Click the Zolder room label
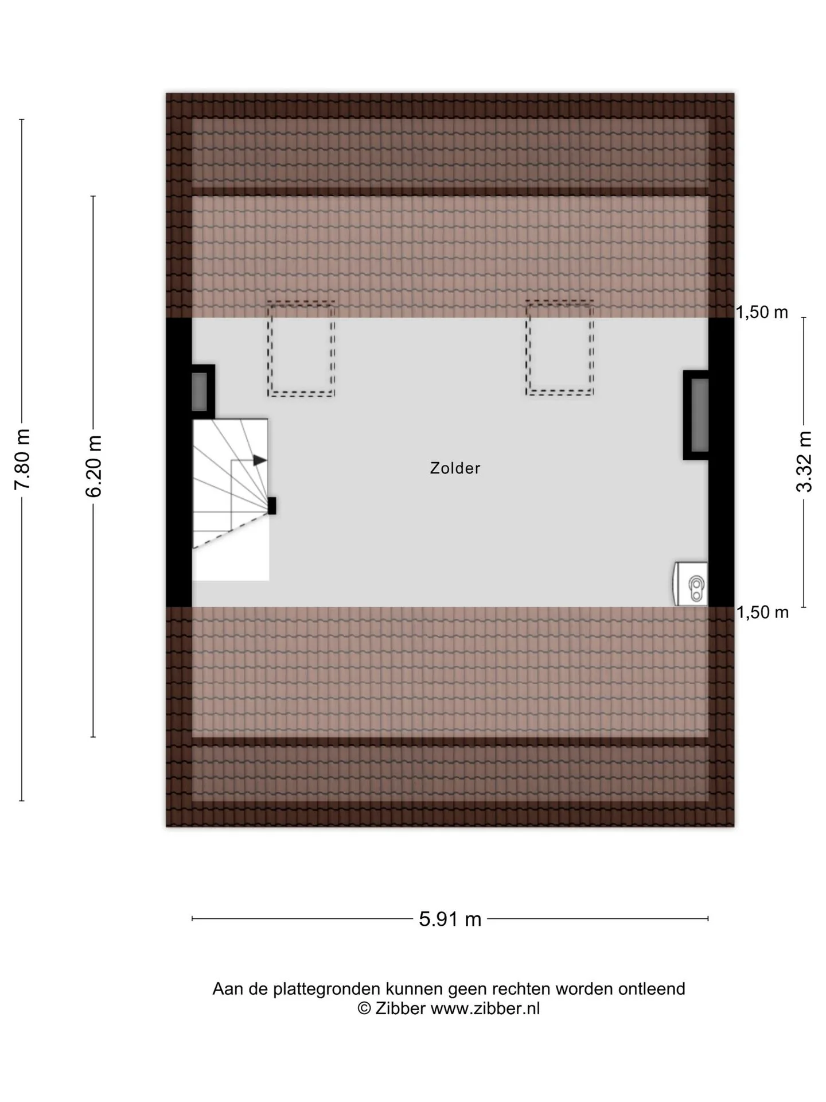click(x=455, y=468)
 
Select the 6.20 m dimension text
click(x=93, y=466)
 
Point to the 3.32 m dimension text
click(x=804, y=461)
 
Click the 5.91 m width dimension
click(x=450, y=919)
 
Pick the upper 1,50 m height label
click(x=762, y=312)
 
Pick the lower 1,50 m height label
click(x=762, y=612)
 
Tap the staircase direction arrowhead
click(x=260, y=460)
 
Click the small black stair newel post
click(x=272, y=506)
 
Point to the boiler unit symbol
click(x=690, y=584)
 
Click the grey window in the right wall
click(x=700, y=415)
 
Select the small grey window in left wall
click(x=199, y=391)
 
